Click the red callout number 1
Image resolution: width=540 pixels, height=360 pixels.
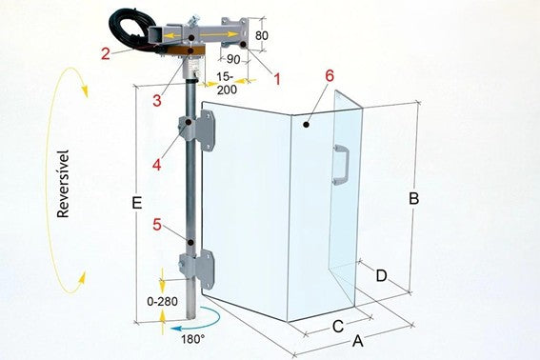click(277, 79)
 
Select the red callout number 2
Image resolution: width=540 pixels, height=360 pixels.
click(106, 53)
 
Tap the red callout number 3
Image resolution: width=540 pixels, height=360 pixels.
click(157, 101)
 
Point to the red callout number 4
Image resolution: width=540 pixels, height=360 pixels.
click(157, 165)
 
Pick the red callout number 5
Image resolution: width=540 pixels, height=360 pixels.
click(157, 225)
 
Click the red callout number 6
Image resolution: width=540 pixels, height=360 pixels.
click(330, 76)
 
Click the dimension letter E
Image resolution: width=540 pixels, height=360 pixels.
click(137, 203)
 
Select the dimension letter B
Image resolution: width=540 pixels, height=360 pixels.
click(413, 199)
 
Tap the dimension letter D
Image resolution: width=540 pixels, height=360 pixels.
click(382, 275)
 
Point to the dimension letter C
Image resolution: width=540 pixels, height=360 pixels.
click(338, 327)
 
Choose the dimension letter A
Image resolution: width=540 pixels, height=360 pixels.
click(358, 341)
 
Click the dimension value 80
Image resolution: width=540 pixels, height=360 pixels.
click(262, 35)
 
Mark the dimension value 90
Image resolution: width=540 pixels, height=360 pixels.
click(233, 59)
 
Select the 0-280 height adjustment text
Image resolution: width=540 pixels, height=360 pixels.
click(162, 302)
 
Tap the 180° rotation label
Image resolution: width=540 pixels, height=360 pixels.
click(192, 339)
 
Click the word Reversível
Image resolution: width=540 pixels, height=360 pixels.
click(64, 184)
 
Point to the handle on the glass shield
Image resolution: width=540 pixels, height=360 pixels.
click(341, 165)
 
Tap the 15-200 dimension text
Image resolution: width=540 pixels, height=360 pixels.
click(227, 83)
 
